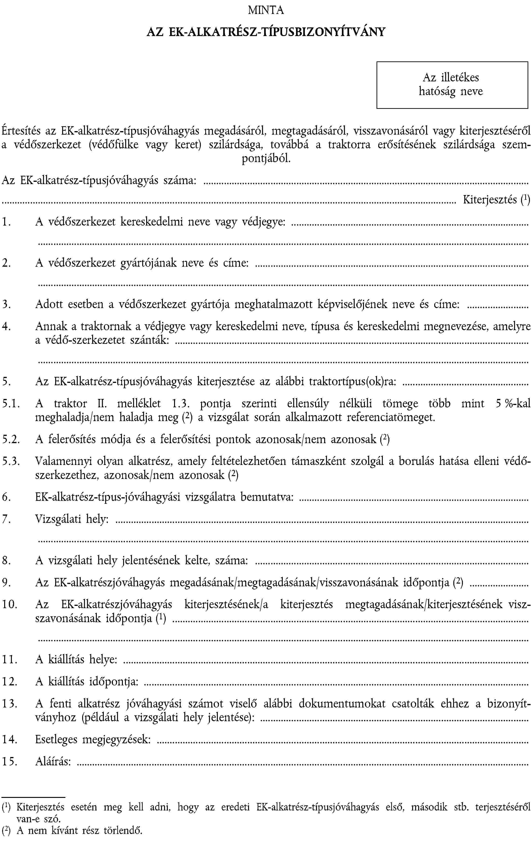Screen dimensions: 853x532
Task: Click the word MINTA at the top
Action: point(266,10)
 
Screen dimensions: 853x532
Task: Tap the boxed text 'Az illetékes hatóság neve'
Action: point(451,85)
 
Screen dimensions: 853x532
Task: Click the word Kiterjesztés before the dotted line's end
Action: point(490,200)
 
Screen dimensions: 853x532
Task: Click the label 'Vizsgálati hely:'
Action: point(72,519)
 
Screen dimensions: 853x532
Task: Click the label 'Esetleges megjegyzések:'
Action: point(93,739)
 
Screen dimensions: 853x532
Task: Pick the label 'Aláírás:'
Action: point(53,761)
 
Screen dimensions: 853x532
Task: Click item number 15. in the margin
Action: point(9,761)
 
